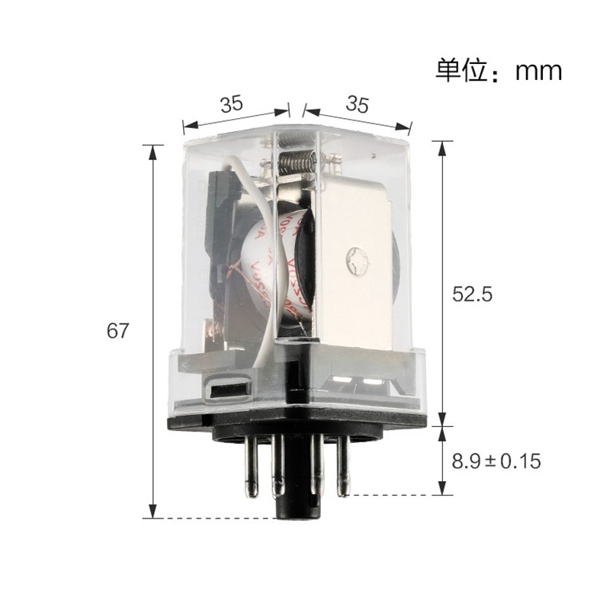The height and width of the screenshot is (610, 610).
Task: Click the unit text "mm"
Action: coord(538,71)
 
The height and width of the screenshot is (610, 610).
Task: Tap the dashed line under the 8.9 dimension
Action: coord(389,495)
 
